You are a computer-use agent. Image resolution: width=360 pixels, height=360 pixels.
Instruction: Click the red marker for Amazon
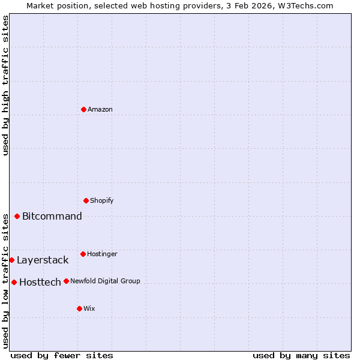pos(84,109)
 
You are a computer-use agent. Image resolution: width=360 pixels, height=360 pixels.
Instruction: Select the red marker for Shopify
pos(86,200)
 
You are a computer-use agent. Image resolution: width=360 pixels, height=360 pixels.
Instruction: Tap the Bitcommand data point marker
pos(17,216)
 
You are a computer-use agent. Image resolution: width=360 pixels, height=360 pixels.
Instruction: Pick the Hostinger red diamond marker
pos(83,254)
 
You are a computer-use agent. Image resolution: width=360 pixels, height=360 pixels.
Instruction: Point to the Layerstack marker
pos(12,260)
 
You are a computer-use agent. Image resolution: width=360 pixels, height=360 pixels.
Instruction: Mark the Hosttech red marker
pos(14,282)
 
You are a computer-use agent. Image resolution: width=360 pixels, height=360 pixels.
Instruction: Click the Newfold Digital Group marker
pos(67,281)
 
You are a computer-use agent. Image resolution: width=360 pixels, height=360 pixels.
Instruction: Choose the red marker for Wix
pos(80,308)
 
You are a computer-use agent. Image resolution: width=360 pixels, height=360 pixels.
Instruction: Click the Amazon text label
pos(100,109)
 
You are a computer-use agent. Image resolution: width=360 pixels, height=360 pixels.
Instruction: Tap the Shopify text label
pos(102,200)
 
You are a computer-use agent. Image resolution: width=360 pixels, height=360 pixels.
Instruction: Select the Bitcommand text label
pos(52,216)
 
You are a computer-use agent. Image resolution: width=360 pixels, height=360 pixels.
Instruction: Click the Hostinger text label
pos(103,254)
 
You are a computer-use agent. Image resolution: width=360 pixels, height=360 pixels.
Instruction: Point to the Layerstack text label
pos(43,260)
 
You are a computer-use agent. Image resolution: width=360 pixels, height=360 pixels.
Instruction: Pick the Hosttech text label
pos(40,282)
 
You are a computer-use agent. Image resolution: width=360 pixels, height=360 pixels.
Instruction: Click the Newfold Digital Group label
pos(105,281)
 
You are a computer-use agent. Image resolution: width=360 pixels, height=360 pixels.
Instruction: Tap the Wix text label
pos(89,308)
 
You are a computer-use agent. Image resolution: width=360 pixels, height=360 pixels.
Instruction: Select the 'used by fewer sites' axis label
pos(62,355)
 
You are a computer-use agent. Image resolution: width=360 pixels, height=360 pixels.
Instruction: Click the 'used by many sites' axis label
pos(301,355)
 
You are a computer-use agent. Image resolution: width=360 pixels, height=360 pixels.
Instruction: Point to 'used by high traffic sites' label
pos(5,85)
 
